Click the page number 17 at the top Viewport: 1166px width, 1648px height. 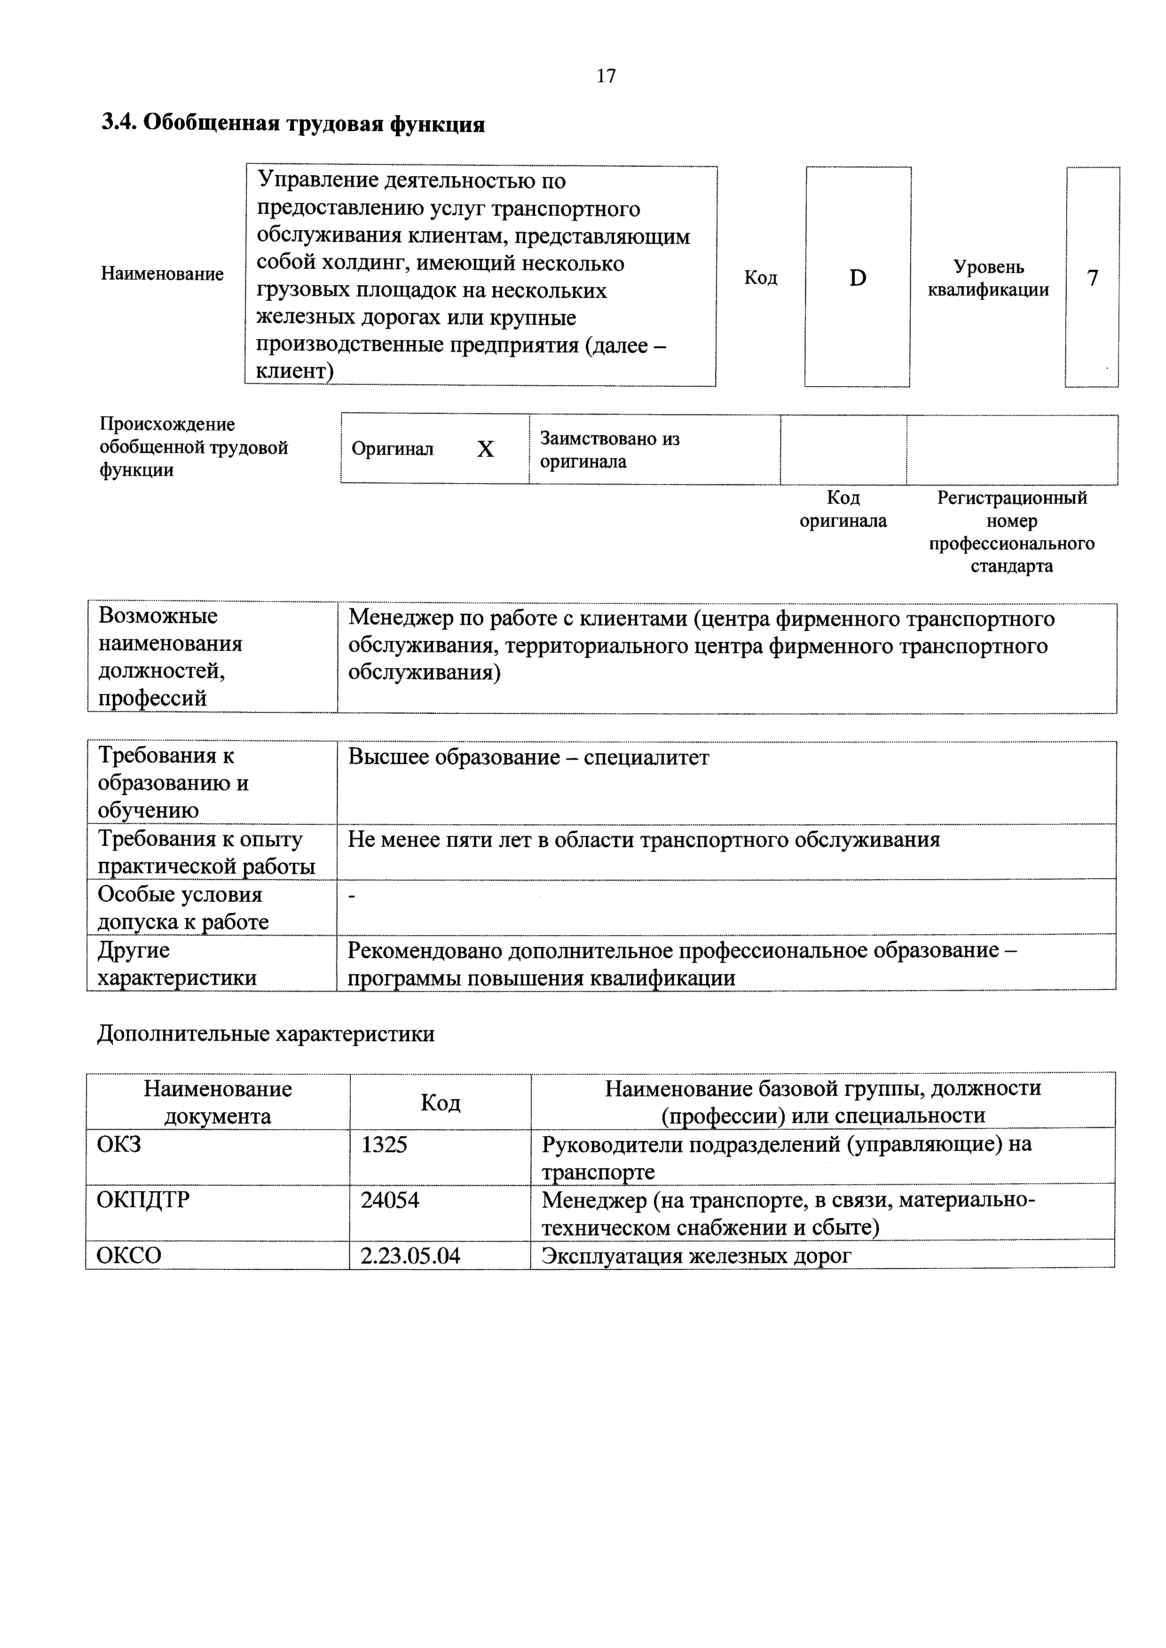click(x=606, y=76)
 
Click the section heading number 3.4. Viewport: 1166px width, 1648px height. click(x=118, y=124)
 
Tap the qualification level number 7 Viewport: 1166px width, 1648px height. click(x=1092, y=278)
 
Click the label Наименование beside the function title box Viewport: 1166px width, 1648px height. click(x=162, y=273)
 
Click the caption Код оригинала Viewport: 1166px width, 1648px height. click(x=843, y=509)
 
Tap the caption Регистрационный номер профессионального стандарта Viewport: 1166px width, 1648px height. click(x=1012, y=532)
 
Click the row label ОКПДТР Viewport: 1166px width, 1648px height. click(x=143, y=1200)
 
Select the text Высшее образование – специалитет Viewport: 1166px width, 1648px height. click(x=528, y=758)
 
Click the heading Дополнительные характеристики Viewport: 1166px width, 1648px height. click(x=266, y=1034)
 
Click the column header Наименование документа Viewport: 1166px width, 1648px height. click(x=218, y=1102)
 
